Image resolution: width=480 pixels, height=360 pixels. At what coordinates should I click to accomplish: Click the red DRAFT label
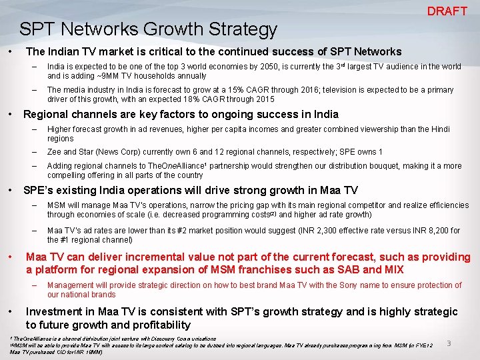(447, 11)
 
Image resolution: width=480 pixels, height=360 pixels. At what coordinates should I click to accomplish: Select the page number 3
(449, 343)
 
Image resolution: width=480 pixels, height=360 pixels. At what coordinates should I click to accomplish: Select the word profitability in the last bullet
(157, 325)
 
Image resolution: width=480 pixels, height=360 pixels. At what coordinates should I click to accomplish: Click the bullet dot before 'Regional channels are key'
(11, 114)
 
